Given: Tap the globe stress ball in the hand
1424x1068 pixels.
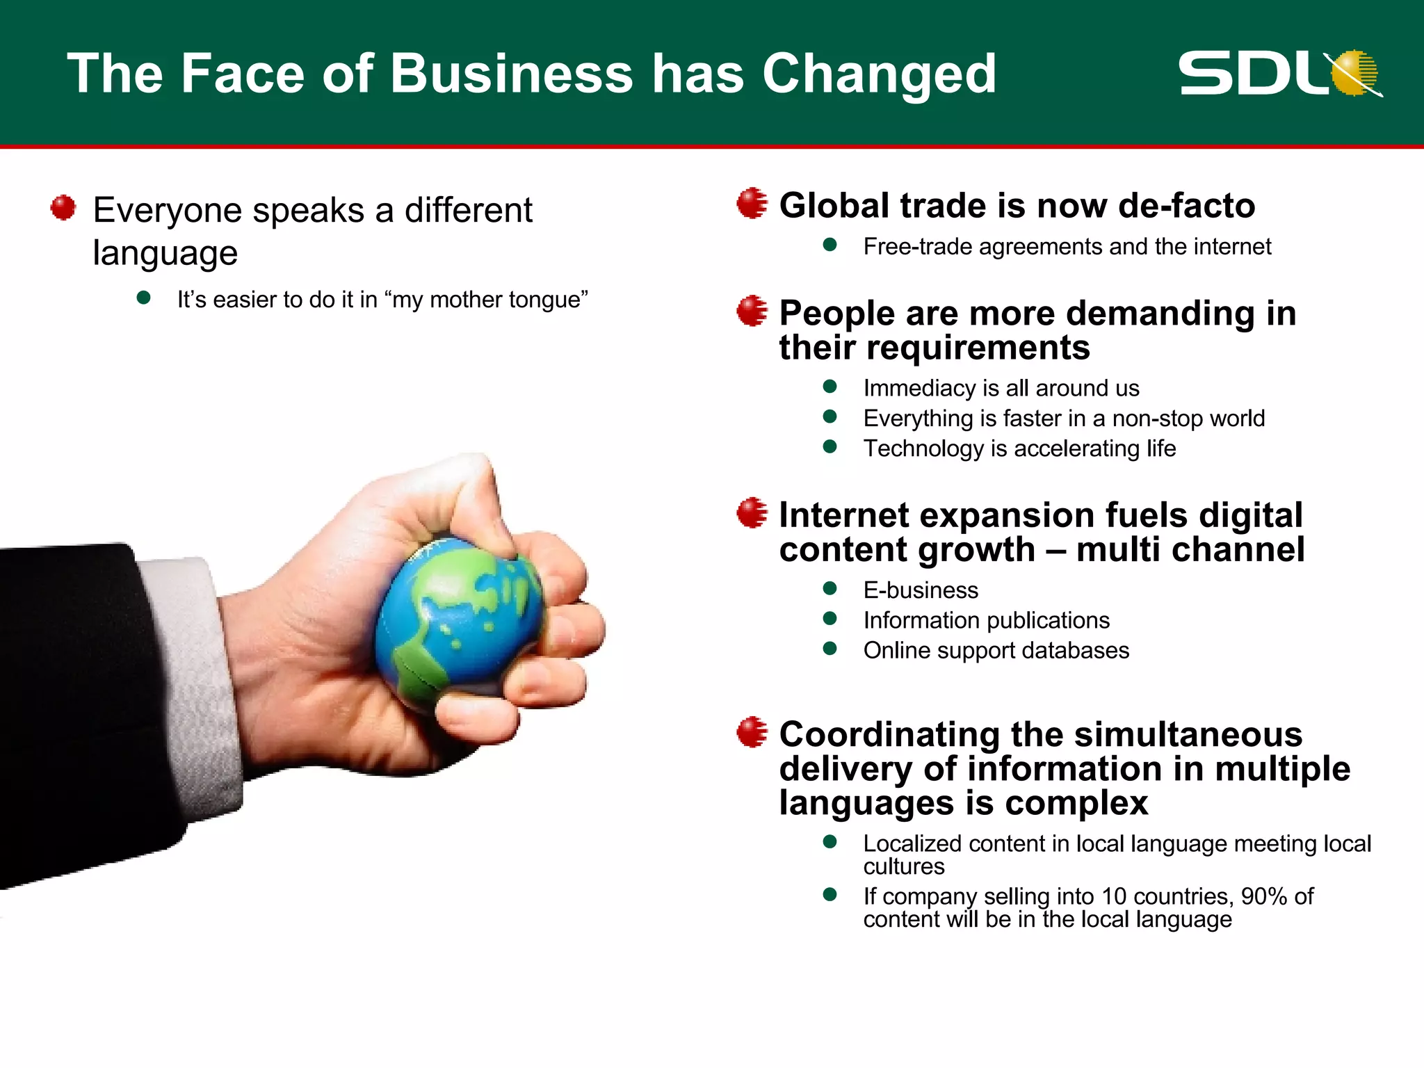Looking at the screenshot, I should point(459,619).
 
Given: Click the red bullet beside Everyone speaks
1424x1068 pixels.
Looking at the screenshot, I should point(63,207).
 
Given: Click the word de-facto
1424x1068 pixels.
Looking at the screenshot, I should point(1186,206).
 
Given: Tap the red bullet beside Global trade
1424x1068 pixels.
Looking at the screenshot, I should point(752,204).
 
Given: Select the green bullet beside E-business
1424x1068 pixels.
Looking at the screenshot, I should point(830,588).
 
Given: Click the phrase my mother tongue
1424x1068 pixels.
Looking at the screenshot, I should point(489,300).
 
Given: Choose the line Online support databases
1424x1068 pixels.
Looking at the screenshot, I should point(996,651).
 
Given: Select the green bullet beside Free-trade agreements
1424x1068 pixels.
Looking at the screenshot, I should point(830,245).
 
